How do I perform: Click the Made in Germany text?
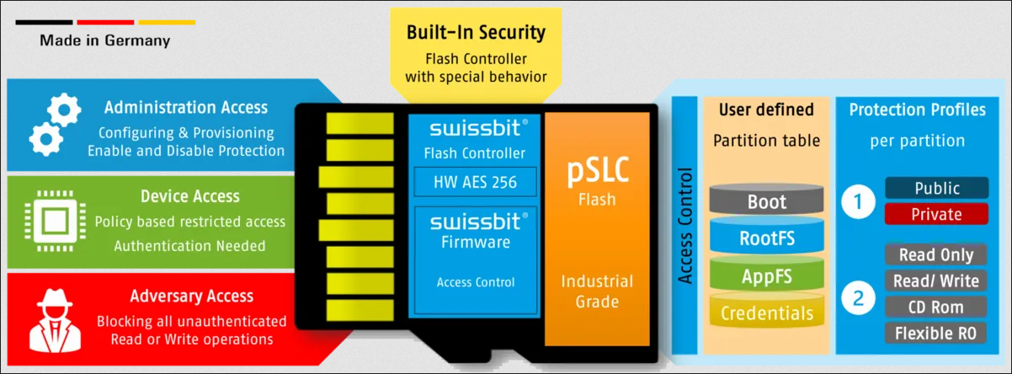tap(104, 40)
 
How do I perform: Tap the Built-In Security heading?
tap(476, 33)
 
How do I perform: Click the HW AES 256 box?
tap(475, 181)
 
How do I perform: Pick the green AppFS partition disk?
tap(766, 276)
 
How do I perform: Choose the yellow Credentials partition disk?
tap(766, 313)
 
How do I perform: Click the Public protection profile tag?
tap(935, 188)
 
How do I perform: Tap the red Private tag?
tap(935, 214)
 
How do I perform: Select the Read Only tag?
tap(935, 255)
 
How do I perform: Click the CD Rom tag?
tap(935, 307)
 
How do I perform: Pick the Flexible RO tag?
tap(935, 333)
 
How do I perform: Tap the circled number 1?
tap(858, 201)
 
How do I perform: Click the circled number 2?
tap(858, 297)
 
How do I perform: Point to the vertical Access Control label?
tap(685, 226)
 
